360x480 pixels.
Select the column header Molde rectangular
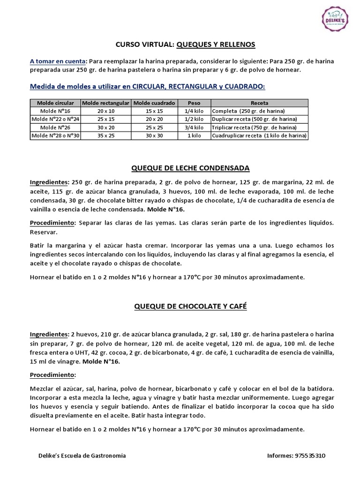tap(105, 103)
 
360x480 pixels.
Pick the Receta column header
tap(259, 103)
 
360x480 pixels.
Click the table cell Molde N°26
tap(55, 127)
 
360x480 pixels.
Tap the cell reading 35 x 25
tap(105, 135)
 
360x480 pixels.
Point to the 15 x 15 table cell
tap(154, 111)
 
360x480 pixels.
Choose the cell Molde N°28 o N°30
tap(55, 135)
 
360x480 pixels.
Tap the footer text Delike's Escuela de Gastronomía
tap(82, 455)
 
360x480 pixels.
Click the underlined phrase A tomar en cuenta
tap(58, 61)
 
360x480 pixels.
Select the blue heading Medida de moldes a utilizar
tap(147, 86)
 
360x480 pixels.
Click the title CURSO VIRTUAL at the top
tap(144, 44)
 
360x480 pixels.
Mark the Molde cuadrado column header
tap(154, 103)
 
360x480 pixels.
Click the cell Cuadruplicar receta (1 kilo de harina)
tap(259, 135)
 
